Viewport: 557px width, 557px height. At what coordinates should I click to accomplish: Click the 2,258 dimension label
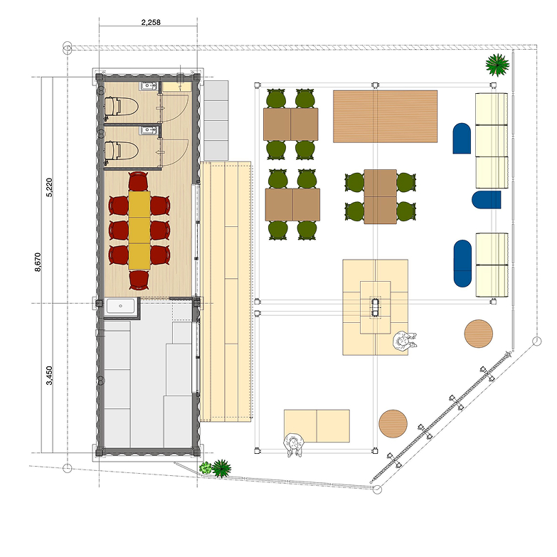click(151, 22)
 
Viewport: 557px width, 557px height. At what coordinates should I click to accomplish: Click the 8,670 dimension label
click(38, 262)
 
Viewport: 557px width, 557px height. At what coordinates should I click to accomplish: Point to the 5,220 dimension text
click(49, 187)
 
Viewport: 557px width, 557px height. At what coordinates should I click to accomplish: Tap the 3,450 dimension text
click(49, 376)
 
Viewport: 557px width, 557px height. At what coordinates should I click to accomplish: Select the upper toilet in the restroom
click(121, 106)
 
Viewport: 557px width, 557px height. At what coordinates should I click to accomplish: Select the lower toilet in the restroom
click(121, 151)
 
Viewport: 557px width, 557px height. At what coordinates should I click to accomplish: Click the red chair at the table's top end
click(138, 181)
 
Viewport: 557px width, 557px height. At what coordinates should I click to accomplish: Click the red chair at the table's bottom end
click(139, 280)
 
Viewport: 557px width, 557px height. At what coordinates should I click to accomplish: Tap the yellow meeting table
click(139, 230)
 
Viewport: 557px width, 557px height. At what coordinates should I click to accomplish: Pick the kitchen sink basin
click(121, 306)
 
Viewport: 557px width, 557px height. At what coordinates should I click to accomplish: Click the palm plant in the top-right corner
click(497, 65)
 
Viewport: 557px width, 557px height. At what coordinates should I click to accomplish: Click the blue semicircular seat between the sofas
click(487, 200)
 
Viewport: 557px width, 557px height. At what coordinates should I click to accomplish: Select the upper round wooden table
click(479, 334)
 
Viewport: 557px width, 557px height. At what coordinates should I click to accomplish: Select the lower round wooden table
click(393, 424)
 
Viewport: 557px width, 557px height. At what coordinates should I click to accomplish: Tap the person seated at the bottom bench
click(293, 445)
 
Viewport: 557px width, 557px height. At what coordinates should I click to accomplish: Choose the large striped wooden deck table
click(385, 116)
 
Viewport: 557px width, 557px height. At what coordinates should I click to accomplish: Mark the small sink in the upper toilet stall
click(149, 85)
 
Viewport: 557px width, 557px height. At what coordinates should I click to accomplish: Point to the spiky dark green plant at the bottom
click(222, 468)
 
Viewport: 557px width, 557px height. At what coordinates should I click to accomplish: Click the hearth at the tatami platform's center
click(376, 307)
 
